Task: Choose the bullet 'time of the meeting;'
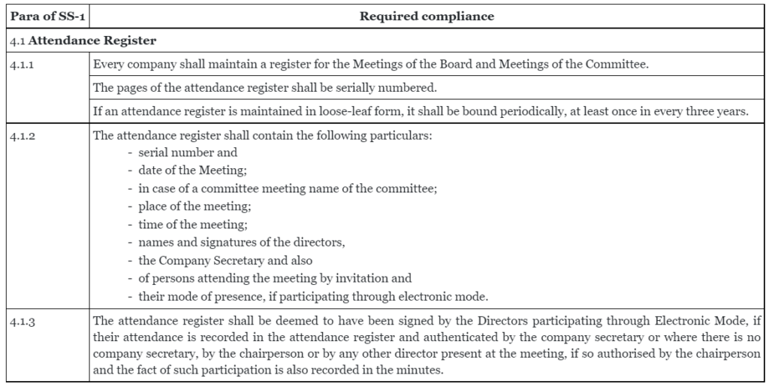pos(186,224)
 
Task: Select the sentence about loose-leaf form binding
pos(420,113)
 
